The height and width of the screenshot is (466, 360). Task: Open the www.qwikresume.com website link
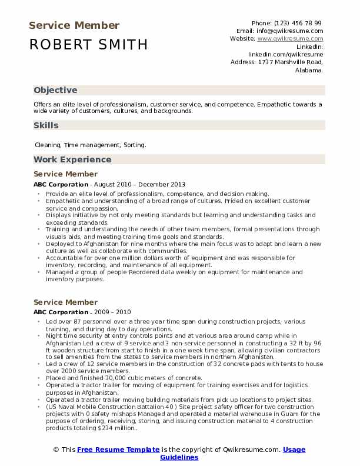290,38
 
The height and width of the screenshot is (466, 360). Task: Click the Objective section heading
55,90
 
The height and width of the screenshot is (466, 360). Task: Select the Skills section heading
46,125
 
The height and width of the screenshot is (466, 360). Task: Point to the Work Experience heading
72,159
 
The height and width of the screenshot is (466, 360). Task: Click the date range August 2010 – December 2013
139,184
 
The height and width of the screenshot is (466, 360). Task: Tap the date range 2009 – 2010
112,312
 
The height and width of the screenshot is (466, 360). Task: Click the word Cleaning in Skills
48,144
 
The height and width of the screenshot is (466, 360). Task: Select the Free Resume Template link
118,450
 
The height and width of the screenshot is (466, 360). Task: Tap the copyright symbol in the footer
56,450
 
